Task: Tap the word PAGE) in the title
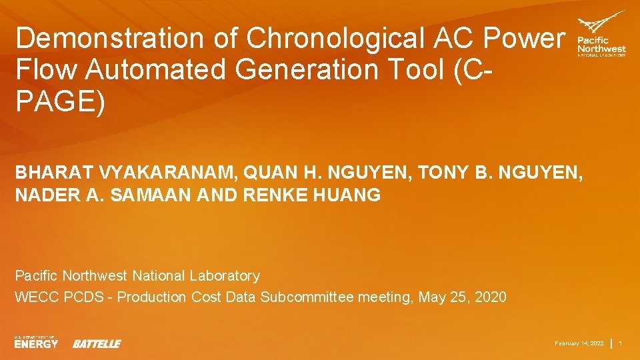(61, 103)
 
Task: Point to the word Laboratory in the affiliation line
(225, 275)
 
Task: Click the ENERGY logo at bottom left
(36, 343)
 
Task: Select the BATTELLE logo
(97, 343)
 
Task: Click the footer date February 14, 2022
(580, 343)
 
